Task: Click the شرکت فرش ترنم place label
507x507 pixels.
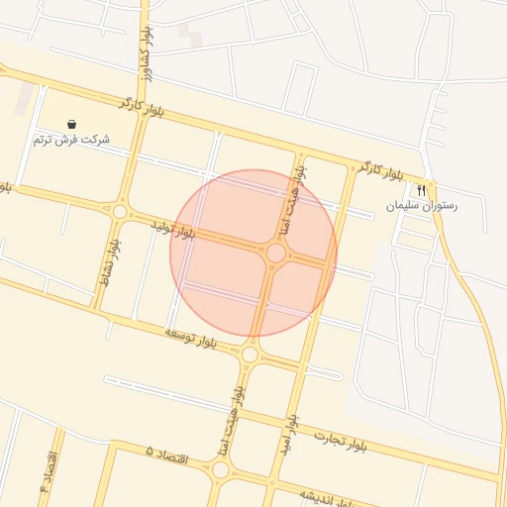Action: tap(70, 140)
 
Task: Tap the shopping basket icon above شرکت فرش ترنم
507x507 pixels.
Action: tap(71, 124)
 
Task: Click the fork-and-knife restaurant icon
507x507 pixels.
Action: tap(422, 190)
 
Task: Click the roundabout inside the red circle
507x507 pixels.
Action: tap(276, 253)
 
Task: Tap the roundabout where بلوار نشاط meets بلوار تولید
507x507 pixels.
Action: tap(121, 211)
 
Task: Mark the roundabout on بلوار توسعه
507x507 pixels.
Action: tap(250, 354)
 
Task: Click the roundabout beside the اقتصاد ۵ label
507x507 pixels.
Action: tap(221, 469)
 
